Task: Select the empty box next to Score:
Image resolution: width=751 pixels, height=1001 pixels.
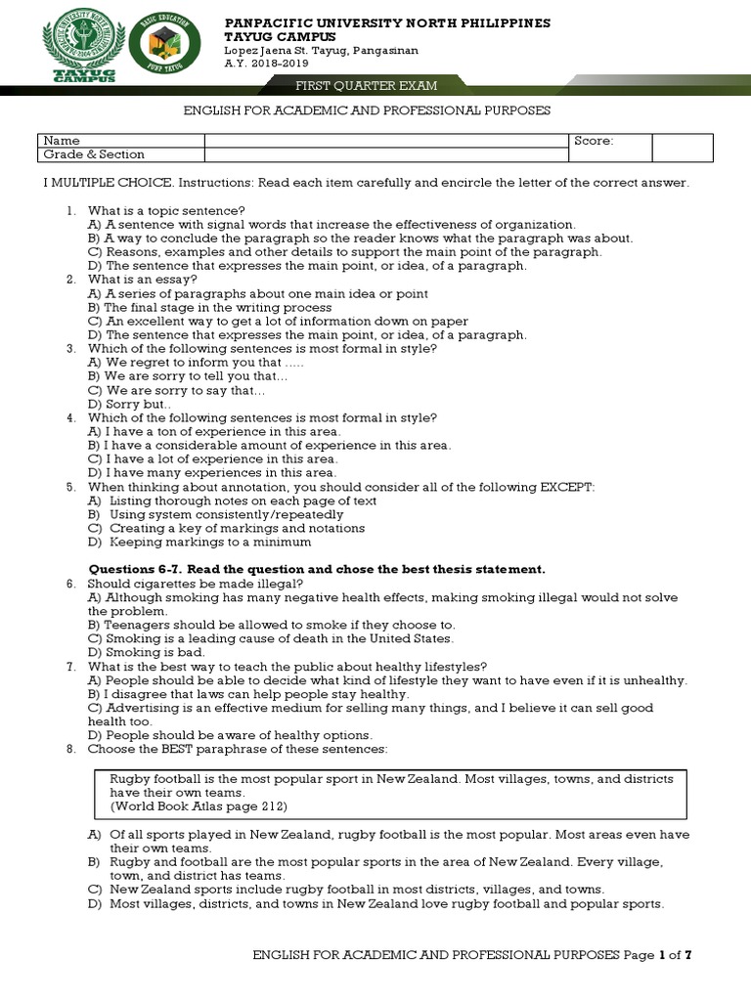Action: (682, 147)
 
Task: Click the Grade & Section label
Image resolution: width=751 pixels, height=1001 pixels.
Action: (93, 154)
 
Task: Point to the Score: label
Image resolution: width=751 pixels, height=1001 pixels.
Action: (594, 141)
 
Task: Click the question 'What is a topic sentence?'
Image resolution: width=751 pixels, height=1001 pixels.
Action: (166, 210)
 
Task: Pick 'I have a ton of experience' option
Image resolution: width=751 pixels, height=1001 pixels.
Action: (215, 431)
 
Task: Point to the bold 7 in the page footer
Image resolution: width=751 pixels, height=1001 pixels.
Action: (688, 954)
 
